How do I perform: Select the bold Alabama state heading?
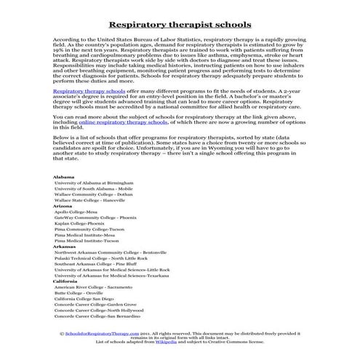[64, 197]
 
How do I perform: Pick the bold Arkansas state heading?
[64, 267]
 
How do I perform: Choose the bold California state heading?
[65, 301]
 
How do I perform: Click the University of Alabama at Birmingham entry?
[97, 204]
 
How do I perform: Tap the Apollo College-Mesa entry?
[81, 233]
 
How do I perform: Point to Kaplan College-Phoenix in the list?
[86, 245]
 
